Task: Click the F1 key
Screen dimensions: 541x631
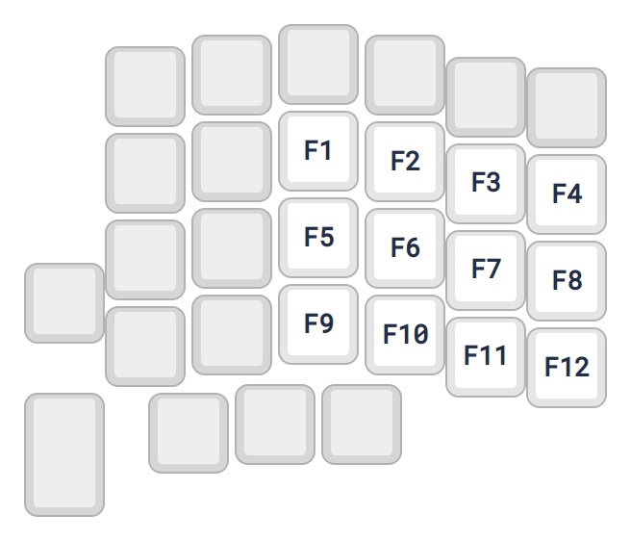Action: pyautogui.click(x=318, y=151)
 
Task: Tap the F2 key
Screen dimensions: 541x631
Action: pyautogui.click(x=405, y=162)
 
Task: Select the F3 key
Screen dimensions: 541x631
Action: pyautogui.click(x=486, y=183)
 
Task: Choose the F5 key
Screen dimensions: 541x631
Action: pyautogui.click(x=318, y=238)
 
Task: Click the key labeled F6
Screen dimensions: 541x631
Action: pyautogui.click(x=405, y=248)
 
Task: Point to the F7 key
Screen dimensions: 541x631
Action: pyautogui.click(x=486, y=270)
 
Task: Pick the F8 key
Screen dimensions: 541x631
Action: pyautogui.click(x=567, y=280)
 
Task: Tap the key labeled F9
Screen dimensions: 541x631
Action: pyautogui.click(x=318, y=324)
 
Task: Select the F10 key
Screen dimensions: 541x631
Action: pyautogui.click(x=405, y=335)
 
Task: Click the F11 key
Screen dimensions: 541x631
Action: pyautogui.click(x=486, y=356)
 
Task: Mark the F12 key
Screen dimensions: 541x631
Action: pyautogui.click(x=567, y=367)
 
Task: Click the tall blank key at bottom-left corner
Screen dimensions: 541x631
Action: pyautogui.click(x=64, y=454)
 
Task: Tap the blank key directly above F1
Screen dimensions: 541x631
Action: pyautogui.click(x=318, y=64)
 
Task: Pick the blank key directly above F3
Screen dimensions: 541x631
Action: pyautogui.click(x=486, y=96)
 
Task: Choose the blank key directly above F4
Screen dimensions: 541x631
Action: pyautogui.click(x=567, y=107)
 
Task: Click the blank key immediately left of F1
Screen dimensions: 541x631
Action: pyautogui.click(x=232, y=162)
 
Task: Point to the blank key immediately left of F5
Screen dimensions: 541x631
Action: pyautogui.click(x=232, y=248)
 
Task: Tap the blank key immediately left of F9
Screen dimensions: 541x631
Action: pyautogui.click(x=232, y=335)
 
